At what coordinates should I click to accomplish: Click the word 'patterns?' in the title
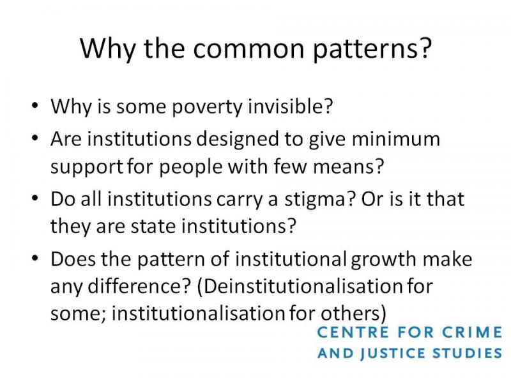point(372,49)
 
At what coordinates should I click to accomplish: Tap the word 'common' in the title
point(248,49)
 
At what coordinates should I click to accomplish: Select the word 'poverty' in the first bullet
point(207,107)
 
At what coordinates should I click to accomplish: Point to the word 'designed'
point(238,140)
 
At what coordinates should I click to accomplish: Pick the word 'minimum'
point(396,139)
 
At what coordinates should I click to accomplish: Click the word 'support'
point(87,167)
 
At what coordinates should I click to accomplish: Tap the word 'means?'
point(348,167)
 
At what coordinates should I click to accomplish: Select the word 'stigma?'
point(319,200)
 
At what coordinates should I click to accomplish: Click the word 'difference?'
point(139,286)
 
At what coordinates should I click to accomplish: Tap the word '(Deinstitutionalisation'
point(299,287)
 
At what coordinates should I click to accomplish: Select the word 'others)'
point(354,313)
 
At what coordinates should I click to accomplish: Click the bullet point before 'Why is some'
point(35,105)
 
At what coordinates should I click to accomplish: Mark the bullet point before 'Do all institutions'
point(35,198)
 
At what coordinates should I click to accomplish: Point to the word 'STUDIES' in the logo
point(468,354)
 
